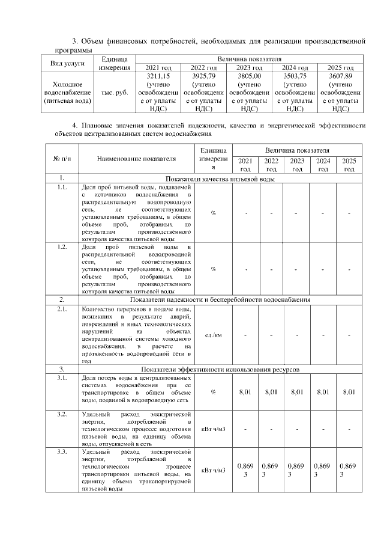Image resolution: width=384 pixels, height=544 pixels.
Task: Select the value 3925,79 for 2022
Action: (204, 77)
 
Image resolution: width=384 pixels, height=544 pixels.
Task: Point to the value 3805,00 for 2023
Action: (249, 77)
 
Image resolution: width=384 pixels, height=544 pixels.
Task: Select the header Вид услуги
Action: (67, 63)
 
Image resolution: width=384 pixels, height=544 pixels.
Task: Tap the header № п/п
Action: (62, 159)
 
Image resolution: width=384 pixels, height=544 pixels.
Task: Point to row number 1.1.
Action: (62, 188)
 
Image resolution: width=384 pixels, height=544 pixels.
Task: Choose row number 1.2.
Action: (62, 246)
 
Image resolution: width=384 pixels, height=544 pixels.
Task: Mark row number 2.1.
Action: (62, 310)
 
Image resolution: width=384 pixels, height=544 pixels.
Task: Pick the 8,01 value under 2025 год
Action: (349, 393)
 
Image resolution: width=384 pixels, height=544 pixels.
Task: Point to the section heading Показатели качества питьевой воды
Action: (220, 179)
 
